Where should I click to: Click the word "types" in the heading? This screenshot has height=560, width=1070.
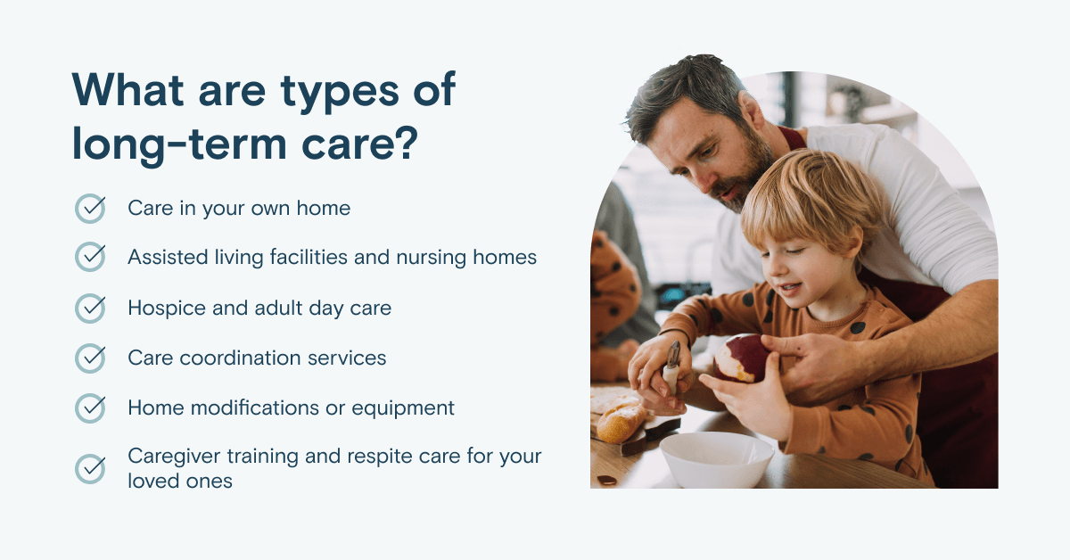pos(339,92)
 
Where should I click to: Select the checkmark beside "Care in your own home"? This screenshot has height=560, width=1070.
pos(90,209)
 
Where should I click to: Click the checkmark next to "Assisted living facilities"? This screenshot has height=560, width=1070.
pos(90,257)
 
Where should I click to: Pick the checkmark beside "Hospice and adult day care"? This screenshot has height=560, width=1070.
pos(90,309)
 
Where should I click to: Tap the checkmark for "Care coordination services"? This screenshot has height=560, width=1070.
pos(90,358)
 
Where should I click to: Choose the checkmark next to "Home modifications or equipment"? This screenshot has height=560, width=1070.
pos(90,408)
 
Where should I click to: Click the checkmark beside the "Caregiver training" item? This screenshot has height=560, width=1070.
pos(90,468)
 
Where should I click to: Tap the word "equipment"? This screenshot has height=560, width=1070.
pos(403,409)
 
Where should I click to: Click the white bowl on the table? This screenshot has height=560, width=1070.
pos(716,458)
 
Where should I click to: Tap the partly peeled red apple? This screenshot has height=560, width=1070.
pos(741,358)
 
